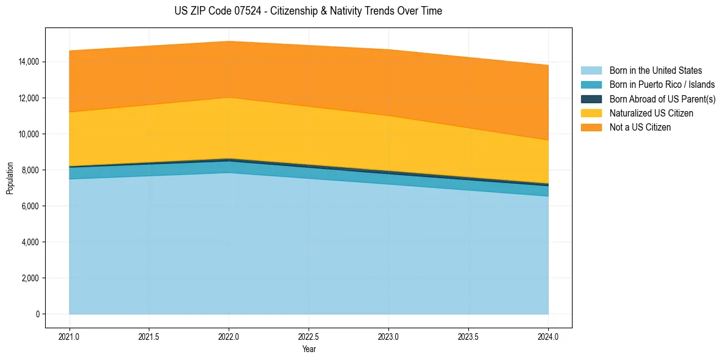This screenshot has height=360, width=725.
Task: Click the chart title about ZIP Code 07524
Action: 308,11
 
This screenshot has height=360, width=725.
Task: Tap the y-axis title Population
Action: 10,178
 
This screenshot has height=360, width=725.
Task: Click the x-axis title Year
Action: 309,349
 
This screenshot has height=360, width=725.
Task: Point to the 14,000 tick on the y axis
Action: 29,62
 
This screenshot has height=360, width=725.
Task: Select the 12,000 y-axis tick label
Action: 29,98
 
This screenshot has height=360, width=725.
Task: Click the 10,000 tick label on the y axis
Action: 29,134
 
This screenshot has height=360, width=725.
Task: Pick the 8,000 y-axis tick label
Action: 31,170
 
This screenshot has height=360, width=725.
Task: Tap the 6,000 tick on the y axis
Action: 31,206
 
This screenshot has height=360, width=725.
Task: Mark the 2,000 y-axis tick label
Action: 31,278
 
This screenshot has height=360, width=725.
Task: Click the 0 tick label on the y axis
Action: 37,314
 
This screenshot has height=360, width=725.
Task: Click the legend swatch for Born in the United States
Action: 591,71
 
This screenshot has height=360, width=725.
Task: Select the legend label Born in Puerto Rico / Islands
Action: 662,85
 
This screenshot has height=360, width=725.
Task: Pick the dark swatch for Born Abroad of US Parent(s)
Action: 591,99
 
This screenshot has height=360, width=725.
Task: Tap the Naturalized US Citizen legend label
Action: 651,113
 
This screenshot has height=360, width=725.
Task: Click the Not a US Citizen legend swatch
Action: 591,128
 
